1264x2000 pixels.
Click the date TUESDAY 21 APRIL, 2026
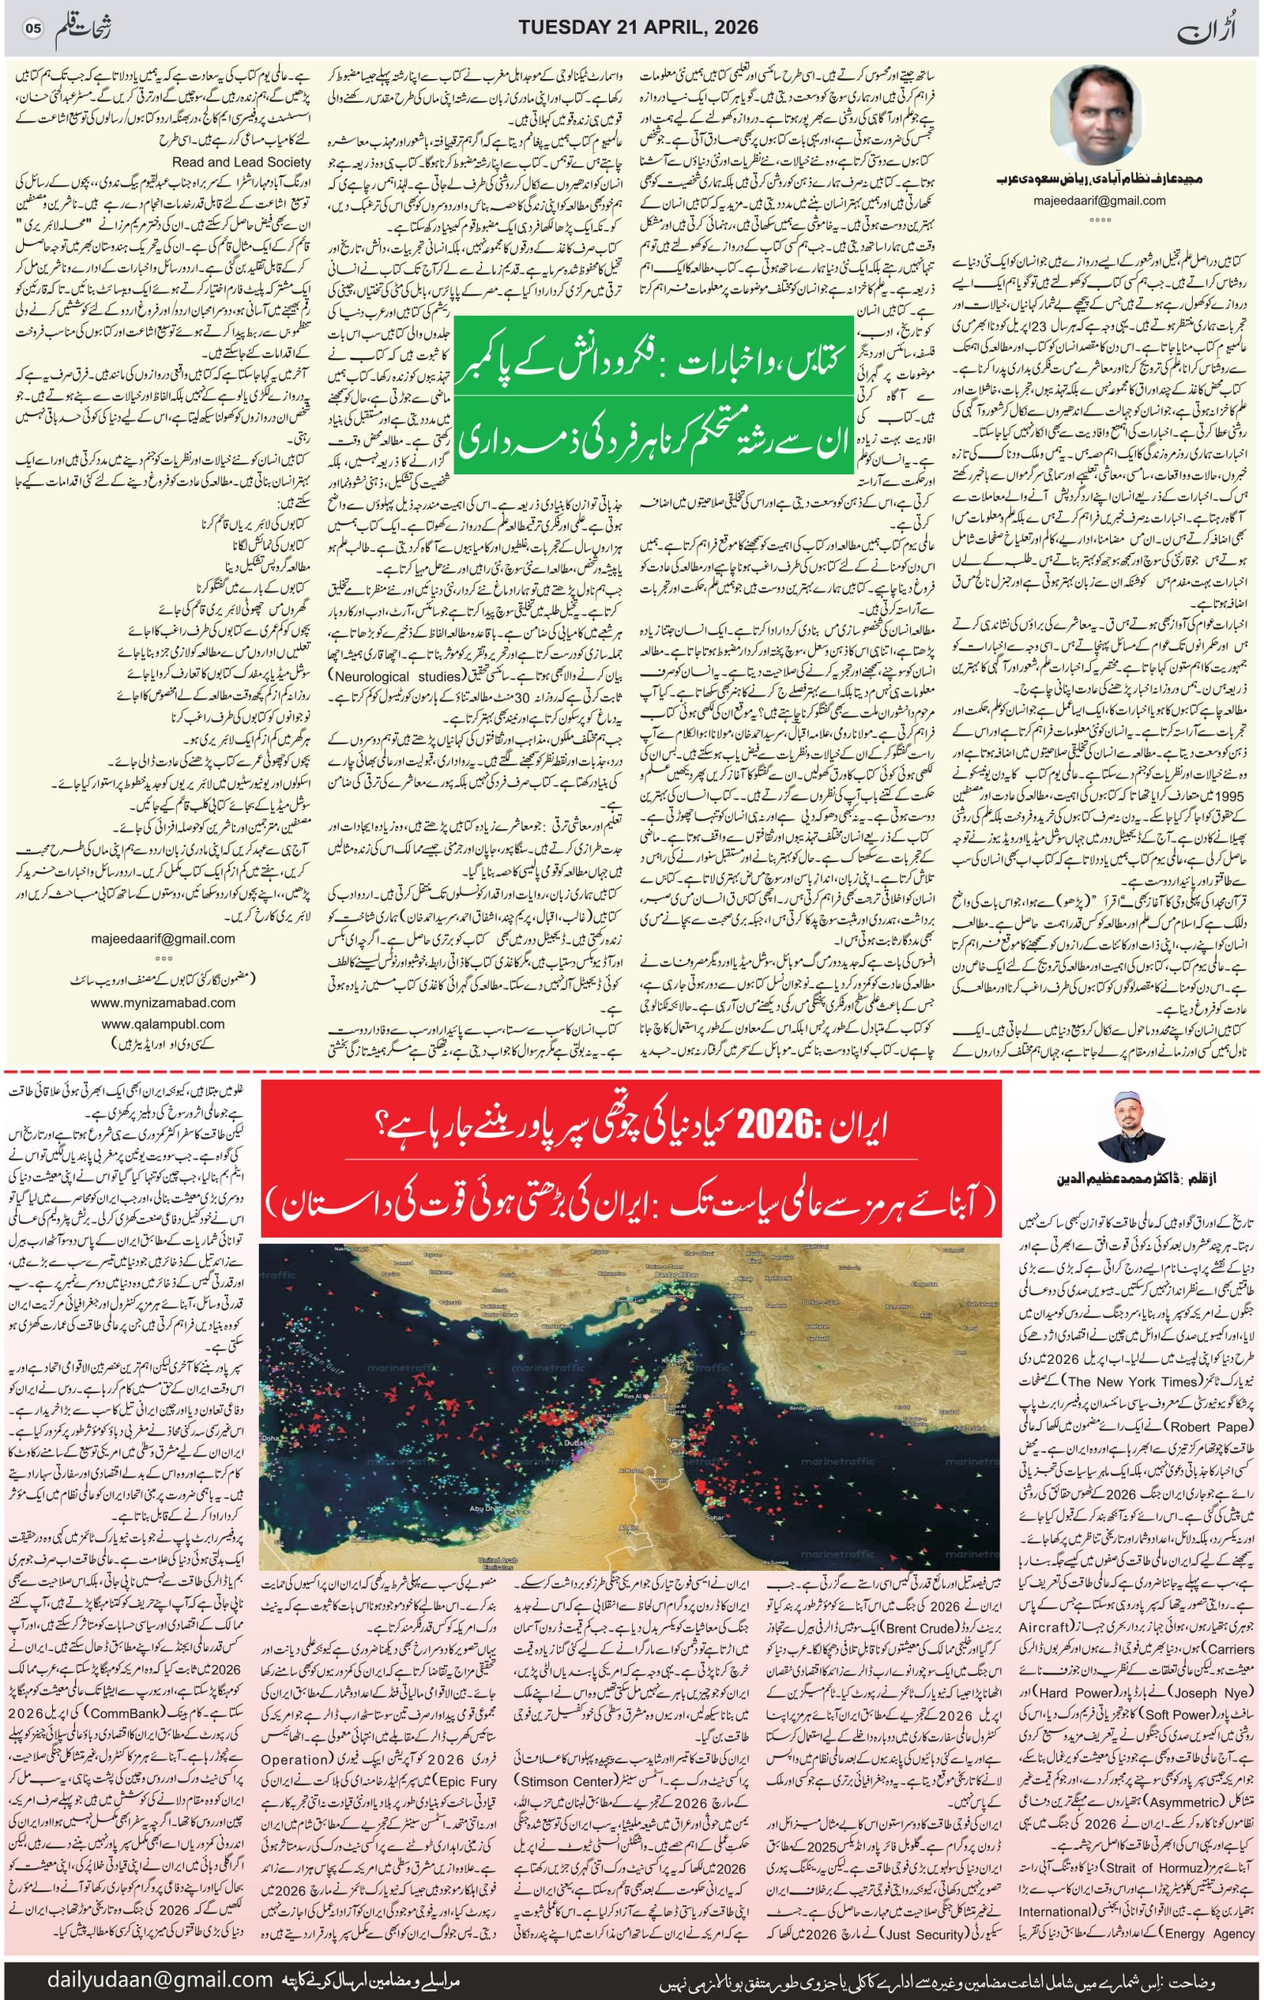point(638,28)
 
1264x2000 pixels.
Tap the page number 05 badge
point(32,28)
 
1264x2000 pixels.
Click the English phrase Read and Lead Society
point(242,162)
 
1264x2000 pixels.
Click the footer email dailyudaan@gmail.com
point(160,1972)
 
